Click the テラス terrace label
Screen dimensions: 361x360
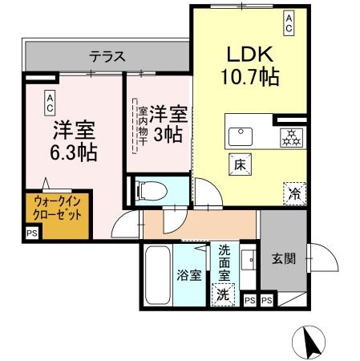[107, 56]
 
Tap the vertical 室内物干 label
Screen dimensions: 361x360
[142, 127]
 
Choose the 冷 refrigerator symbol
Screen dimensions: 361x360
[293, 193]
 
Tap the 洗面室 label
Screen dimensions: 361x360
[224, 261]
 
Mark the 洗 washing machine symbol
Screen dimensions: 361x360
[224, 294]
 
